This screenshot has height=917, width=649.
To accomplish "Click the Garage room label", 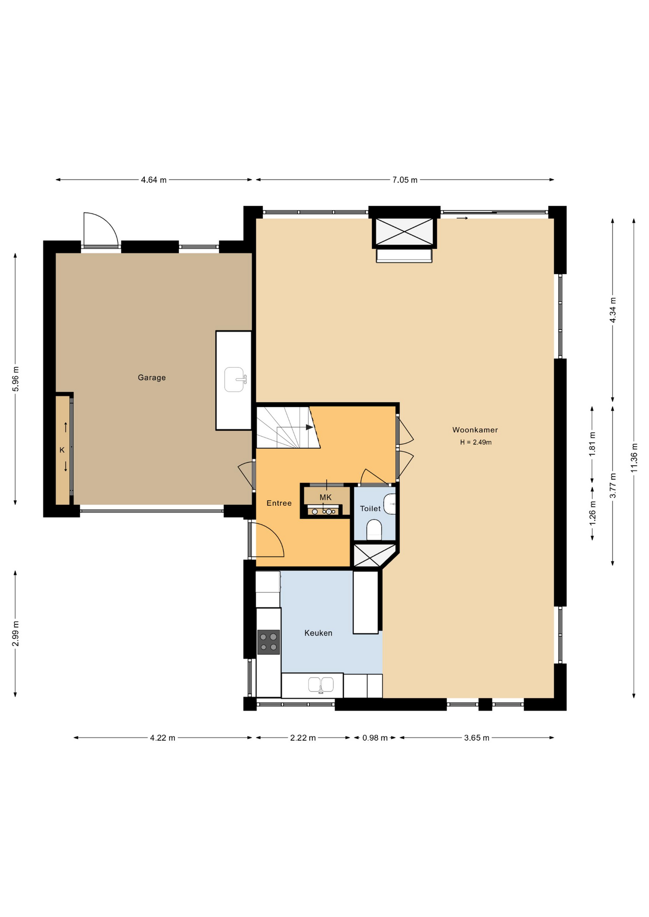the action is click(151, 377).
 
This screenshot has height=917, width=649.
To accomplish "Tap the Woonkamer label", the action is click(475, 430).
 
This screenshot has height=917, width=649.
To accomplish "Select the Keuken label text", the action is click(318, 633).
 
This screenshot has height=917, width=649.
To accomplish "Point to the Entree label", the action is click(279, 503).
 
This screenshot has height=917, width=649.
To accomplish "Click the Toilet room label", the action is click(370, 509).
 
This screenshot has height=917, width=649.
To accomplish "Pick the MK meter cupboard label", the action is click(325, 497).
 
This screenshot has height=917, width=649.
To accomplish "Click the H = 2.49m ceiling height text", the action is click(476, 442).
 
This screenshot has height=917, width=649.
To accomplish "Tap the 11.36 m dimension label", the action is click(634, 458).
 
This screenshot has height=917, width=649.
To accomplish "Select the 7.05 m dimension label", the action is click(405, 180).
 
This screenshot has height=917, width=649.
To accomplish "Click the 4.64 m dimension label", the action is click(154, 180).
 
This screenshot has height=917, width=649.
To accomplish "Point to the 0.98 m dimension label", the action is click(375, 738).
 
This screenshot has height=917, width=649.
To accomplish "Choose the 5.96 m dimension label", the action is click(16, 379).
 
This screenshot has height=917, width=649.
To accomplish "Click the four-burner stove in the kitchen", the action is click(269, 642).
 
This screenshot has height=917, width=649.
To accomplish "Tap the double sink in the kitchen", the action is click(321, 685).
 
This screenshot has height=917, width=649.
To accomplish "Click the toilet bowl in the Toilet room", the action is click(374, 530).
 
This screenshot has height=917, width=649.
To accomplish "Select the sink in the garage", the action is click(235, 379).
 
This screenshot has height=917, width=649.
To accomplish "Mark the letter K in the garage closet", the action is click(62, 450).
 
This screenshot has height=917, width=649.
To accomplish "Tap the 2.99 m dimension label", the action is click(16, 634).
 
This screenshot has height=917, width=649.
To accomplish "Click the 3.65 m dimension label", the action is click(476, 738).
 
